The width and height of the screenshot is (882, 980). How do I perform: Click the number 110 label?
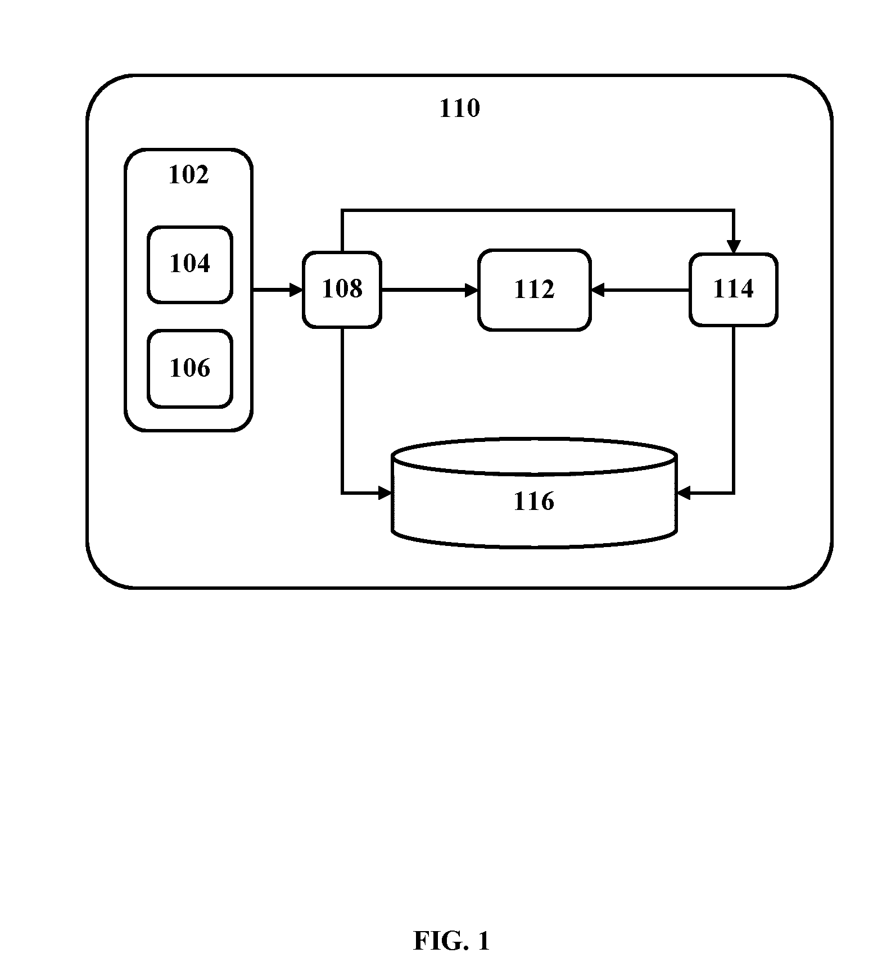(x=459, y=108)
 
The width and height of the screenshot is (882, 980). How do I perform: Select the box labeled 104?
(x=190, y=265)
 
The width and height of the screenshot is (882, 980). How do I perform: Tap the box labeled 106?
(x=190, y=369)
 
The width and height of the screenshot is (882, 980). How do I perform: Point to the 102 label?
(x=188, y=174)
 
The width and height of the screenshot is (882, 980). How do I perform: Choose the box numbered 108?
(x=342, y=290)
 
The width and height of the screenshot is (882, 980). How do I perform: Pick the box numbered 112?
(x=534, y=290)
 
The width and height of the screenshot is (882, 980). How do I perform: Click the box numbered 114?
(x=733, y=290)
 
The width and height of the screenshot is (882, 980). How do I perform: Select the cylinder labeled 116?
(x=533, y=493)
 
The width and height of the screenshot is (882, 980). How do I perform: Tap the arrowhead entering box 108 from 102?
(x=296, y=290)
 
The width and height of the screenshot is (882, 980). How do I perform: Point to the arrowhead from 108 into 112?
(x=471, y=290)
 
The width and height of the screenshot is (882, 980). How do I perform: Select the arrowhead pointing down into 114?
(x=734, y=247)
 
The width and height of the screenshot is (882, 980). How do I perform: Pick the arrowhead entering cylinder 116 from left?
(x=385, y=493)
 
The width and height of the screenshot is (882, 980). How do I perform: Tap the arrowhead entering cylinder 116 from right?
(x=684, y=493)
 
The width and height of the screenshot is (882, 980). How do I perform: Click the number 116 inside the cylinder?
(x=533, y=501)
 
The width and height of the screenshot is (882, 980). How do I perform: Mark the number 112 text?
(x=534, y=290)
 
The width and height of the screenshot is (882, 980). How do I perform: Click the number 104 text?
(x=190, y=263)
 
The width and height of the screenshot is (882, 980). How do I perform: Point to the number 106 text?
(x=190, y=368)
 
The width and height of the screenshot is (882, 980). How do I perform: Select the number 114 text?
(x=733, y=289)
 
